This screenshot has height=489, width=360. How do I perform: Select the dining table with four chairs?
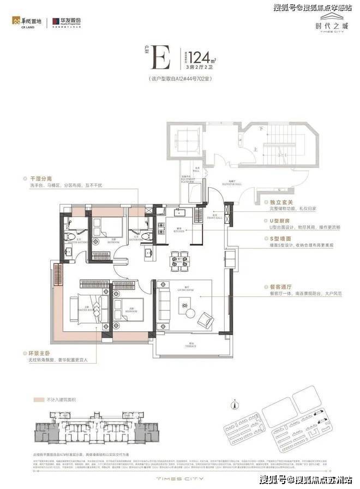click(180, 258)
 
